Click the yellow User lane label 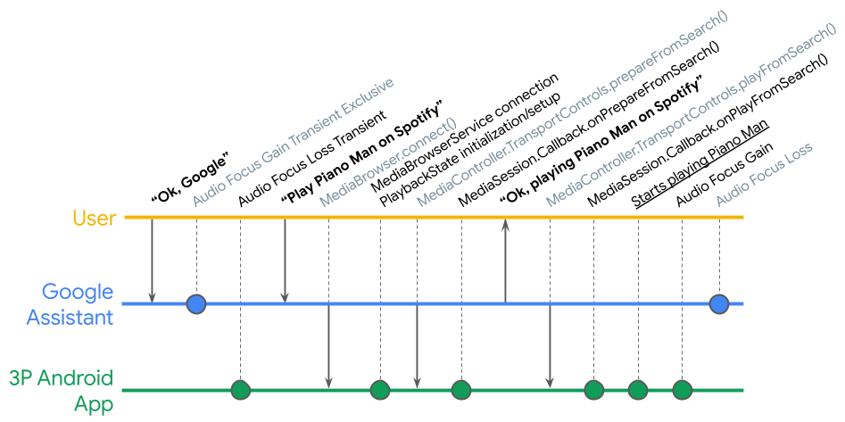coord(95,218)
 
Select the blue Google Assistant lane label coord(79,304)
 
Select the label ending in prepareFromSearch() coord(572,112)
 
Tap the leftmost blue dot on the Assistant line coord(196,304)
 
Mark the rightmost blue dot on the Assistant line coord(719,304)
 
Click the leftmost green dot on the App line coord(240,390)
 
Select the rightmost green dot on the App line coord(682,390)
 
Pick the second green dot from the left coord(380,390)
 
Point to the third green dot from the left coord(460,390)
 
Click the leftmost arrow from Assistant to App coord(328,347)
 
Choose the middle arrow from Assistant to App coord(417,347)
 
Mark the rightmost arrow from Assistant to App coord(550,347)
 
